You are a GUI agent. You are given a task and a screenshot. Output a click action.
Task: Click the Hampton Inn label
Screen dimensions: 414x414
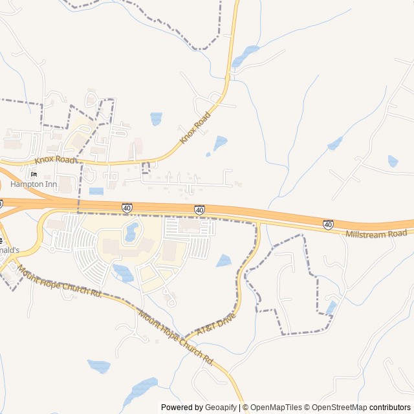33,184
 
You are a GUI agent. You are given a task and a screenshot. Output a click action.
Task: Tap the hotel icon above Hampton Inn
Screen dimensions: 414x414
34,174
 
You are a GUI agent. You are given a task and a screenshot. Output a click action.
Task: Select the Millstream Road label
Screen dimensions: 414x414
376,233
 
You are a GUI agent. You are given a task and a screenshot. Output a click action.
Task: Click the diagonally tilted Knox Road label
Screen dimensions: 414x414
195,127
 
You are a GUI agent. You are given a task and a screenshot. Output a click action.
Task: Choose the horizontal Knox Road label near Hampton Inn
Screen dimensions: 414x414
55,159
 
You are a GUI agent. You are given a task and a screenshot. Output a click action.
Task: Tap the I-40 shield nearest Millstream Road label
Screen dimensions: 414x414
329,224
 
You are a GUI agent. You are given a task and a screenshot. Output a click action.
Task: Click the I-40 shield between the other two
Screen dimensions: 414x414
199,210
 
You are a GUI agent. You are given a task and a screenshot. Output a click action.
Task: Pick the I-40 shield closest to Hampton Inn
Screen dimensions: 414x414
127,208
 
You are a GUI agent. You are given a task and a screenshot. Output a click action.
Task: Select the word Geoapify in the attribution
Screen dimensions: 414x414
221,408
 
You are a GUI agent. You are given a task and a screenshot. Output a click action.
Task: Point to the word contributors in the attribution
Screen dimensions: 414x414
390,408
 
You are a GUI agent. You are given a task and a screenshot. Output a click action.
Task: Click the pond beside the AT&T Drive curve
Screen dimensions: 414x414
224,261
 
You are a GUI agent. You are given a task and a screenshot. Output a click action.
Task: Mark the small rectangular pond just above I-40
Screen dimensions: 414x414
96,191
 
